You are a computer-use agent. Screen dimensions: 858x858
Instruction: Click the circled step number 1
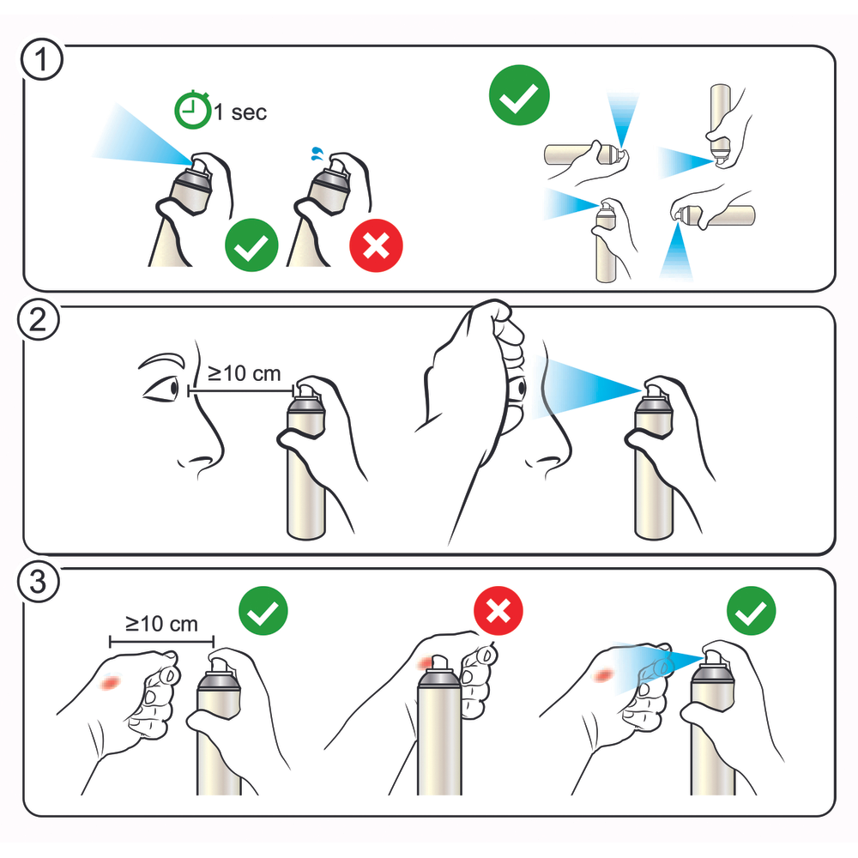click(x=42, y=59)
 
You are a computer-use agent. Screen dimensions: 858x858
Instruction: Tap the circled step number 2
click(x=39, y=320)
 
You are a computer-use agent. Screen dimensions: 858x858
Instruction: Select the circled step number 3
click(x=39, y=581)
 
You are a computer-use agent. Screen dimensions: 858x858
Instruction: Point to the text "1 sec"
click(x=240, y=112)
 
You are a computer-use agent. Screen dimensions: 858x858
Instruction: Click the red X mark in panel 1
click(x=376, y=245)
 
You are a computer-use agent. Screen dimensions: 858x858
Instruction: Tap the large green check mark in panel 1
click(x=519, y=95)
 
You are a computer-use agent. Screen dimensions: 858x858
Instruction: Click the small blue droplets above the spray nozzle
click(x=317, y=154)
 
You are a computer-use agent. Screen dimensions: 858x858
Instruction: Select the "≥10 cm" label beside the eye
click(x=244, y=374)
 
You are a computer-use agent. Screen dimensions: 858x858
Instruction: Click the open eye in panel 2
click(x=161, y=389)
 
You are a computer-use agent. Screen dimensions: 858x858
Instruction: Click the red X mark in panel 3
click(x=498, y=611)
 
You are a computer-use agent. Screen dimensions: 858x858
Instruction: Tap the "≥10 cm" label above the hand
click(x=161, y=624)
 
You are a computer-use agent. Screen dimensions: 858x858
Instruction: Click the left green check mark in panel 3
click(x=263, y=611)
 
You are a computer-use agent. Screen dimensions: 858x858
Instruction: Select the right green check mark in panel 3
click(x=752, y=611)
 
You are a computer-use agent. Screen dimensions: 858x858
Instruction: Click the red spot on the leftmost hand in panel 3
click(x=111, y=682)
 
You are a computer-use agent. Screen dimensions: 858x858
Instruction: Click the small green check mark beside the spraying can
click(x=251, y=245)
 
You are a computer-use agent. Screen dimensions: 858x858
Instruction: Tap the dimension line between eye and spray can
click(x=241, y=390)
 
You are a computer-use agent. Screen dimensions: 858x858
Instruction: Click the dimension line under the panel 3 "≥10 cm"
click(x=161, y=641)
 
